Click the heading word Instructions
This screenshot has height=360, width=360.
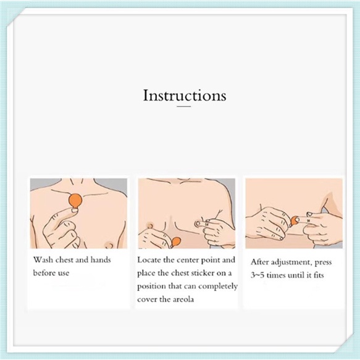pyautogui.click(x=185, y=96)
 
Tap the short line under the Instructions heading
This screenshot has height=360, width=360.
pyautogui.click(x=183, y=107)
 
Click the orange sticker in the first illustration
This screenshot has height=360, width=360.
pyautogui.click(x=75, y=200)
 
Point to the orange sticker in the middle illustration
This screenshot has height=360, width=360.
pyautogui.click(x=176, y=241)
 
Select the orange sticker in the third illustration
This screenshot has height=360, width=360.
pyautogui.click(x=294, y=221)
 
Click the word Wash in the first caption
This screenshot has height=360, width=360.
pyautogui.click(x=43, y=260)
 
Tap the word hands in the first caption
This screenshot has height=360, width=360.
pyautogui.click(x=101, y=260)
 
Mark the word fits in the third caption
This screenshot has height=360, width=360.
pyautogui.click(x=318, y=275)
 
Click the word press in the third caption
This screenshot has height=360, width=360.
pyautogui.click(x=323, y=262)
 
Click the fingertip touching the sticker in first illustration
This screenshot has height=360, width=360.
pyautogui.click(x=74, y=210)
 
